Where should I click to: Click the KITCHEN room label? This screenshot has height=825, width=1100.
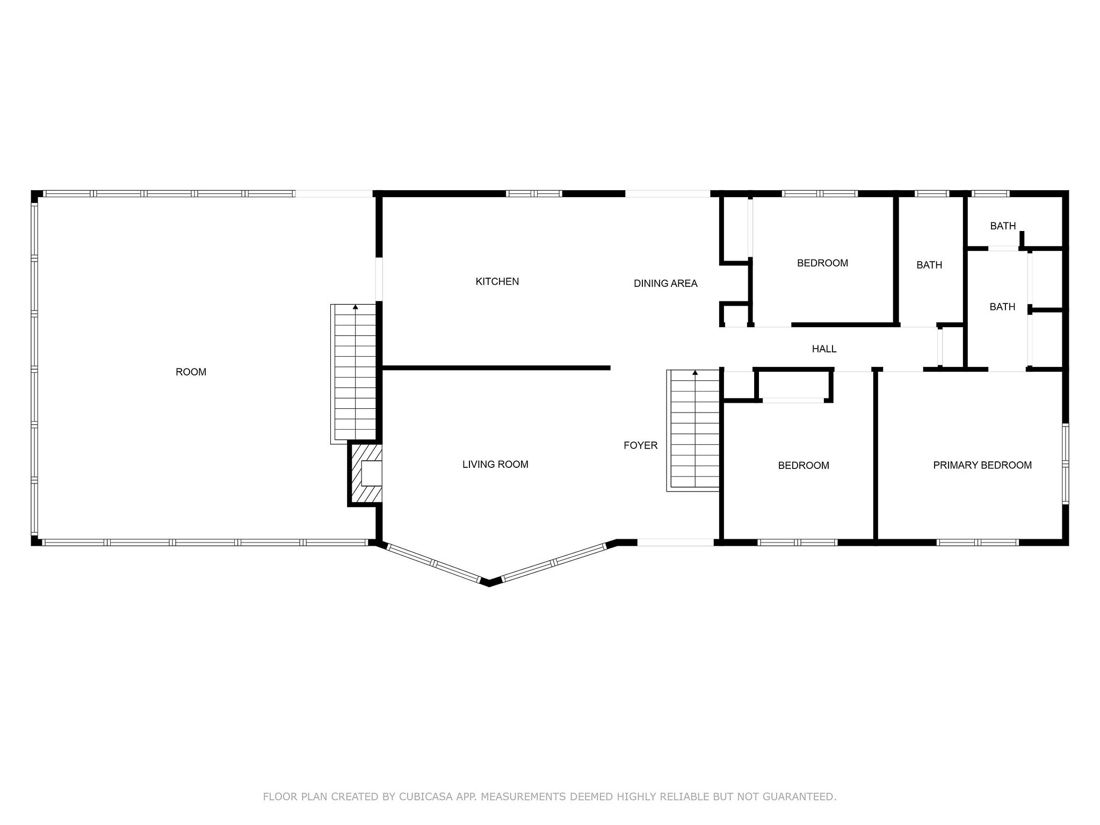point(497,281)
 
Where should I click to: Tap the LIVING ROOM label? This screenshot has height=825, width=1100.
point(495,465)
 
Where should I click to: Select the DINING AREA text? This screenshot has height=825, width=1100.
point(665,284)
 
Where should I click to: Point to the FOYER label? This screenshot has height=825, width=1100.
point(640,445)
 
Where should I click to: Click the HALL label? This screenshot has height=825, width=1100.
point(824,349)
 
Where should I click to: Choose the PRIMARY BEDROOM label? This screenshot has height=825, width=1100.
point(982,465)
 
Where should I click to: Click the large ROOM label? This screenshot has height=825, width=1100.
point(191,372)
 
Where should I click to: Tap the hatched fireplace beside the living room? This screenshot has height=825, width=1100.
point(365,473)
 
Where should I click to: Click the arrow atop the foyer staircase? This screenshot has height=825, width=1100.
point(695,372)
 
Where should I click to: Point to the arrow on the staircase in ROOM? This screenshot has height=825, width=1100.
point(355,307)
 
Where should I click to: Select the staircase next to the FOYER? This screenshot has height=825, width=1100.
point(693,430)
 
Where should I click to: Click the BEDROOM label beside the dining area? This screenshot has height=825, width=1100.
point(822,263)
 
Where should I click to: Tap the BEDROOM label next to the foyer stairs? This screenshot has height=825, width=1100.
point(804,466)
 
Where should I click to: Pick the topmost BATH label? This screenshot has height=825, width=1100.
point(1003,226)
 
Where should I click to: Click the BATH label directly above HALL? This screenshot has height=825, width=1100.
point(929,265)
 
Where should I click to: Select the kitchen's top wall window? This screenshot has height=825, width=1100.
point(534,193)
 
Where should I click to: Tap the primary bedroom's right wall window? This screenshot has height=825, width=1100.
point(1066,464)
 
